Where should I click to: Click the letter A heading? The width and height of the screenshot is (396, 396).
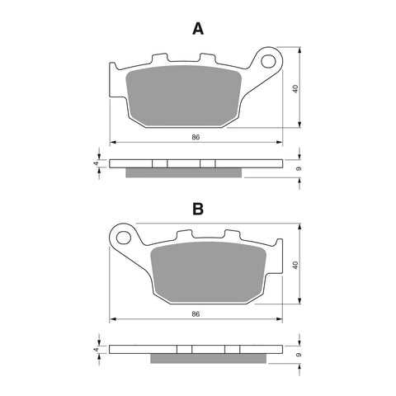197,30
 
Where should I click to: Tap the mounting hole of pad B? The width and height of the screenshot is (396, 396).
126,238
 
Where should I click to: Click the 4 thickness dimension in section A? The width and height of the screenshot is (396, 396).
97,163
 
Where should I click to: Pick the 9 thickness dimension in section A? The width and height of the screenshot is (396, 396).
298,169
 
